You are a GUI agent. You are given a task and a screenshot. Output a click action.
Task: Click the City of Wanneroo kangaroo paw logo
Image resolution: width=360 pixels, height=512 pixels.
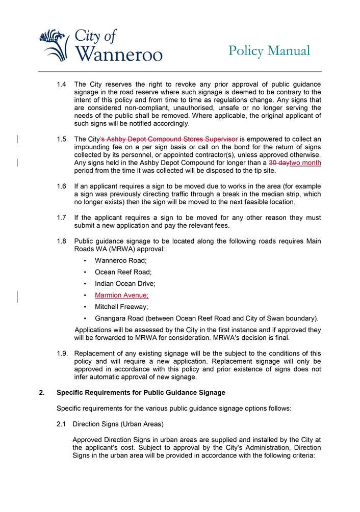pyautogui.click(x=54, y=45)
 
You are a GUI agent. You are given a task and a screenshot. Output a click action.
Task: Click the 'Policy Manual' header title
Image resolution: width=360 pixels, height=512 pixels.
pyautogui.click(x=269, y=50)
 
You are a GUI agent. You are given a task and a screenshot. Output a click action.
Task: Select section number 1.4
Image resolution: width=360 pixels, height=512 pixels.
pyautogui.click(x=62, y=84)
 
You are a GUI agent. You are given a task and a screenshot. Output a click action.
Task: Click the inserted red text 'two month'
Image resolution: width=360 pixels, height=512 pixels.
pyautogui.click(x=305, y=163)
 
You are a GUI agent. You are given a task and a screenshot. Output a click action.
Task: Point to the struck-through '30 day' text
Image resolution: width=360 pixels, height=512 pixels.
pyautogui.click(x=279, y=163)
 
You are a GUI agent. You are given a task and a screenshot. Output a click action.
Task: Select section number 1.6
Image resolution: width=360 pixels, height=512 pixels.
pyautogui.click(x=62, y=186)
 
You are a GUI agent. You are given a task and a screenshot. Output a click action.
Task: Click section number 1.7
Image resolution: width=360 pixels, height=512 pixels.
pyautogui.click(x=62, y=218)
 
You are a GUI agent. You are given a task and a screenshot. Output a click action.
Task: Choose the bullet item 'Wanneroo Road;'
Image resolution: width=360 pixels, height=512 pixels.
pyautogui.click(x=121, y=260)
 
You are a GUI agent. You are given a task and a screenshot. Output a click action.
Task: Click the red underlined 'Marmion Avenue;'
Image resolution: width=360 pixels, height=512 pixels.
pyautogui.click(x=122, y=295)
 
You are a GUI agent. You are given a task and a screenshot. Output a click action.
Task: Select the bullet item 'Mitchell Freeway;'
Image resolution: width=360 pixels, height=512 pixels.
pyautogui.click(x=121, y=307)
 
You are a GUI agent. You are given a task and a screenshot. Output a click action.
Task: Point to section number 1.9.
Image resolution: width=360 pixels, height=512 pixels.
pyautogui.click(x=62, y=354)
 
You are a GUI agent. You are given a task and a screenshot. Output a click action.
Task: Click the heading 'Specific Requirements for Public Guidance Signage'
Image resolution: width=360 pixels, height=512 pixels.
pyautogui.click(x=141, y=393)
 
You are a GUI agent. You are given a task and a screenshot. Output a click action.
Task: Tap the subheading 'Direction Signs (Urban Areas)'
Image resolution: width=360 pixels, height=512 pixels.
pyautogui.click(x=118, y=424)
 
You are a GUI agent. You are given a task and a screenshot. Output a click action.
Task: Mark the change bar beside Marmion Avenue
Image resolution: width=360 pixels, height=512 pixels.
pyautogui.click(x=18, y=297)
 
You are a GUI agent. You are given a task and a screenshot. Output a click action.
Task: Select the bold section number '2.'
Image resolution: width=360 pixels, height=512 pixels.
pyautogui.click(x=42, y=393)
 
